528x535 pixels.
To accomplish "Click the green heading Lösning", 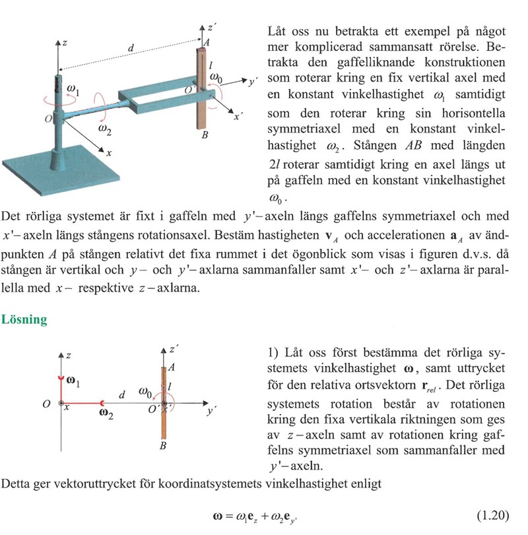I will (x=24, y=319).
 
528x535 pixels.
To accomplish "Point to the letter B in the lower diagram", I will (x=162, y=447).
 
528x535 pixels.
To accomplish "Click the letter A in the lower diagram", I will (x=171, y=367).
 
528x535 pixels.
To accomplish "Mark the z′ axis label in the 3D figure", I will (x=211, y=28).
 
